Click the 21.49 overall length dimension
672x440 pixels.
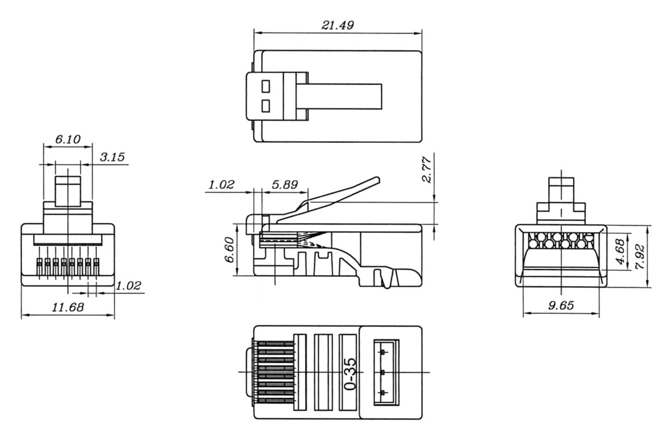click(x=338, y=25)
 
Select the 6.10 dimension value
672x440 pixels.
click(x=68, y=140)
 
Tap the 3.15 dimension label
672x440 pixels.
click(x=112, y=157)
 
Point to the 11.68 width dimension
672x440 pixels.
click(x=68, y=307)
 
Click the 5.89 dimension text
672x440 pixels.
click(x=285, y=185)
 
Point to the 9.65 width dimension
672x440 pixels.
click(x=561, y=305)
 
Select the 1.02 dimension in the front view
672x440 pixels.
click(x=128, y=285)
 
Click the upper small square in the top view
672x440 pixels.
click(x=266, y=86)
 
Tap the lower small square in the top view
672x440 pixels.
click(x=266, y=106)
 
